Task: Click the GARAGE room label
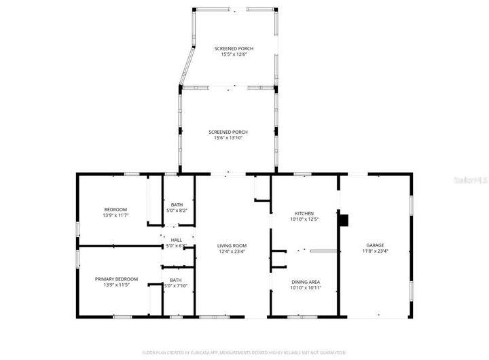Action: pyautogui.click(x=375, y=245)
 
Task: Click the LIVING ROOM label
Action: pyautogui.click(x=232, y=246)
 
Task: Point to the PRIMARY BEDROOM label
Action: pyautogui.click(x=116, y=279)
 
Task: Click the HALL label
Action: pyautogui.click(x=177, y=240)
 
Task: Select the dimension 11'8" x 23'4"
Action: pyautogui.click(x=375, y=251)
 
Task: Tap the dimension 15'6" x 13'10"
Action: pyautogui.click(x=228, y=138)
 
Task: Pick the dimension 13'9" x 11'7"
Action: pyautogui.click(x=115, y=215)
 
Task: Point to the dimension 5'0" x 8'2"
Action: pyautogui.click(x=177, y=211)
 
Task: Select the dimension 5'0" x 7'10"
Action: pyautogui.click(x=176, y=286)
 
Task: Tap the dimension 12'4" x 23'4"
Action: pyautogui.click(x=232, y=252)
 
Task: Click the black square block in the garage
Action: pyautogui.click(x=344, y=220)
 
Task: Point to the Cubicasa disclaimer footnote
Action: pyautogui.click(x=244, y=353)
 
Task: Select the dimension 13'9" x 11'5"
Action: pyautogui.click(x=116, y=285)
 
